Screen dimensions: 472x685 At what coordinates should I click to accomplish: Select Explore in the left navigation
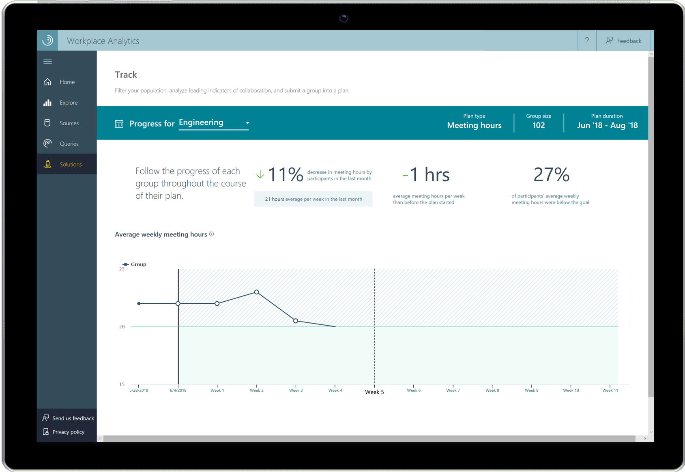68,103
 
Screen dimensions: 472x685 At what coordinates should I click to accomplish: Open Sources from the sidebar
69,123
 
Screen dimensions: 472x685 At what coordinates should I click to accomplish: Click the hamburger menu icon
47,62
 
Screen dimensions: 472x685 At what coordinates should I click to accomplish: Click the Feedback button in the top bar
624,41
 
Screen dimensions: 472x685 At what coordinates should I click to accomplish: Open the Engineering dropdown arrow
247,123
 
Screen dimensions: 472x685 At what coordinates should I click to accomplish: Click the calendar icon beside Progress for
119,124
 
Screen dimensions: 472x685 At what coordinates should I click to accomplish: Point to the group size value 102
539,125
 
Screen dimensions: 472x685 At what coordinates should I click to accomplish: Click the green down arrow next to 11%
260,175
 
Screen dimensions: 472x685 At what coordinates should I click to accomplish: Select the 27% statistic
551,175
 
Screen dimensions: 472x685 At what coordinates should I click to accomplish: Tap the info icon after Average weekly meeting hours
212,234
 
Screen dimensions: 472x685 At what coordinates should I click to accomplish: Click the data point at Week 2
256,292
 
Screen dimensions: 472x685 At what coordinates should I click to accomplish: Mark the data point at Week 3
296,321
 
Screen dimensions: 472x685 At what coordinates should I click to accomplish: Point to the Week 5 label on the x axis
374,392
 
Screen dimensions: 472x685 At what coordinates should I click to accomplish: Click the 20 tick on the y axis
122,326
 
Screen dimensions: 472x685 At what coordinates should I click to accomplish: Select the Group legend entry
135,264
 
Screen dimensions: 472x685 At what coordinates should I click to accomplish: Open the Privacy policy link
68,432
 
